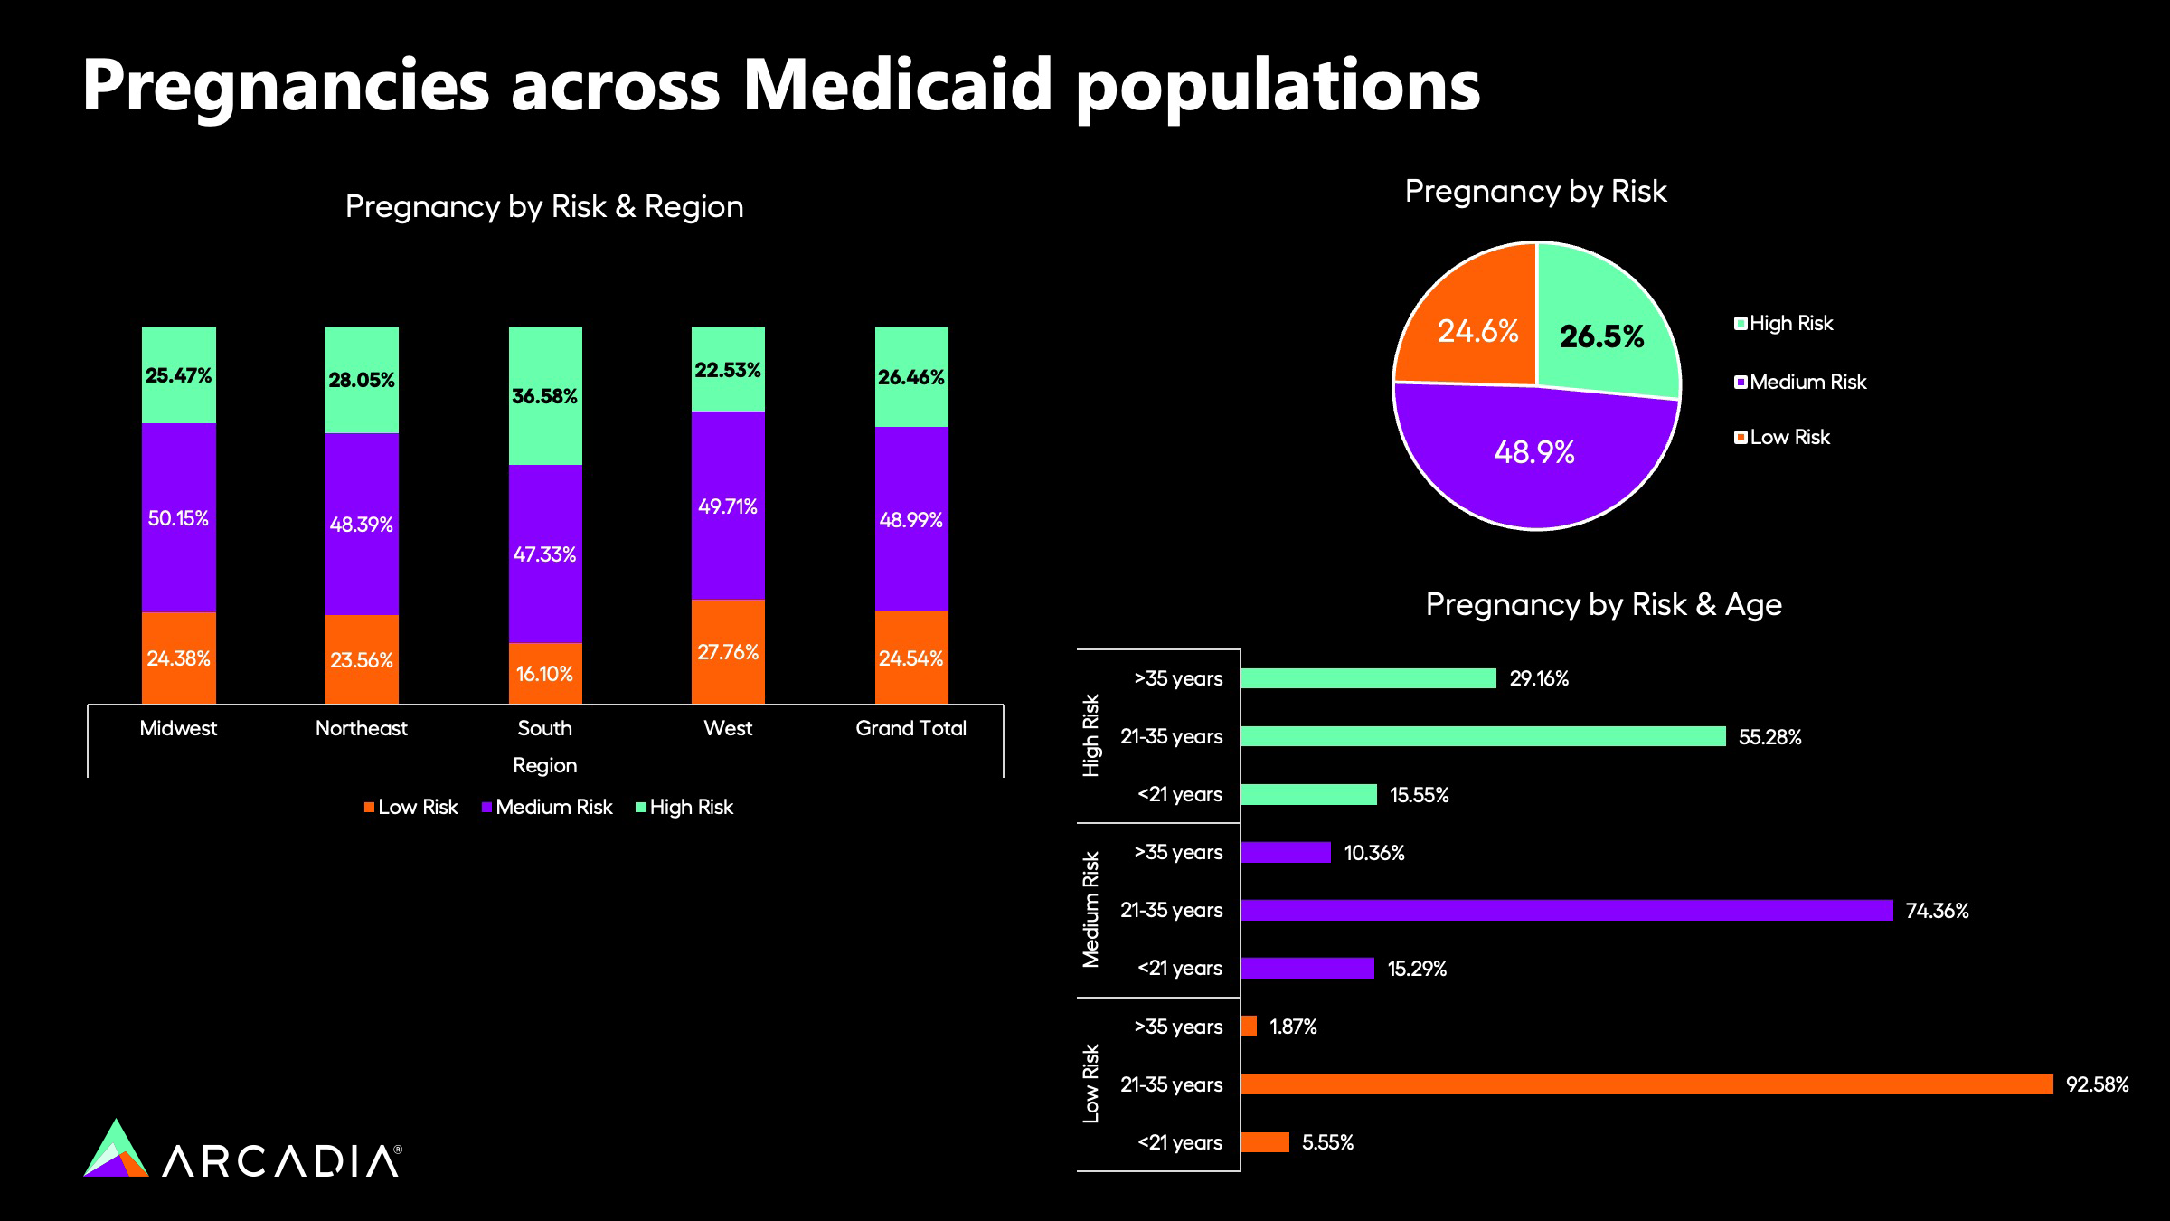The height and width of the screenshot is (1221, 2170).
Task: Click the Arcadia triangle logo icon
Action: (x=116, y=1150)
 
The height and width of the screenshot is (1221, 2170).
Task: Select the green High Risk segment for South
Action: (x=545, y=395)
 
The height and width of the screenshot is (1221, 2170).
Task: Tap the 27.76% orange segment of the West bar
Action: (x=728, y=651)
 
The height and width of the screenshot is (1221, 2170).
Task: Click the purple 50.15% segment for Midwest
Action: (x=179, y=517)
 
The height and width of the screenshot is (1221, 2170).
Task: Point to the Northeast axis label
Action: (x=362, y=728)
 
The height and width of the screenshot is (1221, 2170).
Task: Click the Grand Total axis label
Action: (x=910, y=728)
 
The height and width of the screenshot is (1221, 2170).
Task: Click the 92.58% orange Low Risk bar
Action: (x=1646, y=1084)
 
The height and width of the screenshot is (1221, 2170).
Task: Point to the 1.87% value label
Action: (x=1293, y=1027)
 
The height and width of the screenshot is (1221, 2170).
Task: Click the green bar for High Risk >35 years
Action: (x=1368, y=678)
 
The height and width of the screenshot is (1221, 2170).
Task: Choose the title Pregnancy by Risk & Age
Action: (x=1603, y=604)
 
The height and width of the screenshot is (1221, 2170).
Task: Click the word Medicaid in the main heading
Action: (x=897, y=85)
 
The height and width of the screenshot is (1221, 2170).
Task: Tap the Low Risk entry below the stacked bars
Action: (x=411, y=807)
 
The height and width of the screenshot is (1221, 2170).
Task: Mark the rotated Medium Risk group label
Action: (x=1091, y=909)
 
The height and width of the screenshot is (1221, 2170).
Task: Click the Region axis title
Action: (x=544, y=765)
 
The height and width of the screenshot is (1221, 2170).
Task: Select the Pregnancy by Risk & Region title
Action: (x=544, y=207)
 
